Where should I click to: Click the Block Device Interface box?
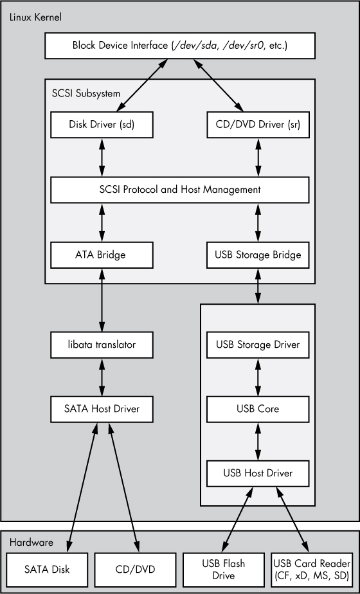(179, 46)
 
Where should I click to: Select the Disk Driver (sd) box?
(102, 124)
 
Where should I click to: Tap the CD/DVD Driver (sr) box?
(258, 124)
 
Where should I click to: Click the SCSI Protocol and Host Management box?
(179, 190)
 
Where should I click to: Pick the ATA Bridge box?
(102, 255)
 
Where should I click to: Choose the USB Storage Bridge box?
(258, 255)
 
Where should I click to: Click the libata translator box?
(102, 345)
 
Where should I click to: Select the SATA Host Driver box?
(102, 408)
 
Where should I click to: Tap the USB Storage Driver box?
(258, 345)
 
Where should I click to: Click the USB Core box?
(258, 409)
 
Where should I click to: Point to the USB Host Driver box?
(258, 473)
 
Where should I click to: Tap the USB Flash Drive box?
(223, 569)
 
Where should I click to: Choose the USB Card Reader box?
(312, 569)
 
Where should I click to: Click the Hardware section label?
(32, 543)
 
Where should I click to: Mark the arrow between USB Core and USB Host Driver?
(258, 441)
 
